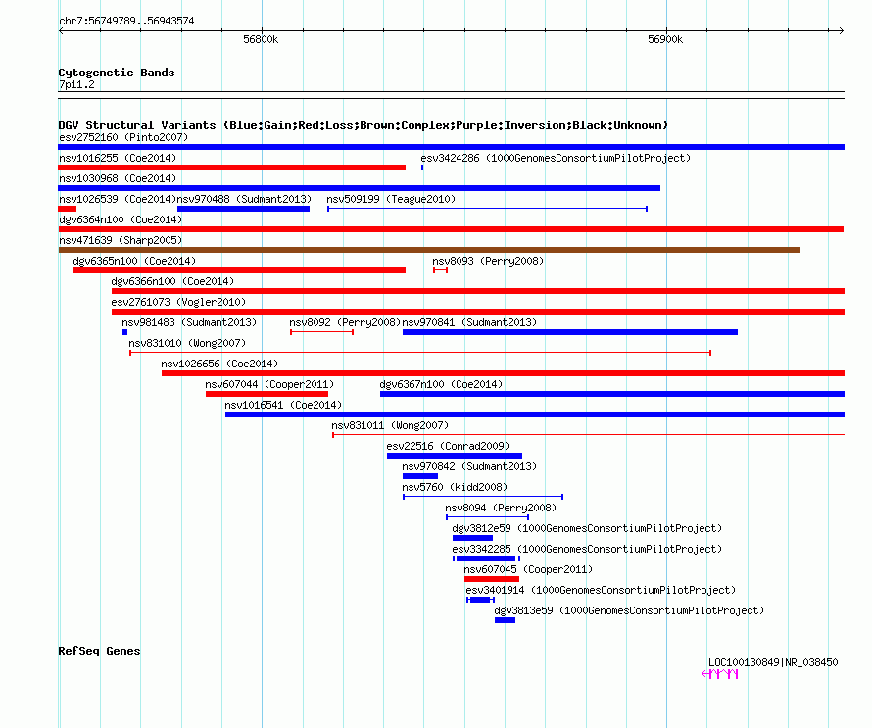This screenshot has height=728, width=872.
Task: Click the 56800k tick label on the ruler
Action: click(261, 39)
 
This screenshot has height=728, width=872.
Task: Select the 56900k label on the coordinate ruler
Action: click(665, 39)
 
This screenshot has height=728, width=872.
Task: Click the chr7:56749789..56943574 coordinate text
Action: click(126, 22)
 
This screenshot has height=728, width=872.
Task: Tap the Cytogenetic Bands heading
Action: click(117, 73)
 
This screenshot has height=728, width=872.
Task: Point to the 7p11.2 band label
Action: click(76, 84)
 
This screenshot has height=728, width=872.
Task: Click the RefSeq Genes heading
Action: click(99, 651)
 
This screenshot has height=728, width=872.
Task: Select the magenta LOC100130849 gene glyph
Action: click(719, 674)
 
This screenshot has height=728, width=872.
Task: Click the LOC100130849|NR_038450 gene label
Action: click(773, 662)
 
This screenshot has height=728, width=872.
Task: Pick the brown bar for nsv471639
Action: click(429, 250)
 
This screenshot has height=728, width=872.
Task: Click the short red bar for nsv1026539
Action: click(68, 209)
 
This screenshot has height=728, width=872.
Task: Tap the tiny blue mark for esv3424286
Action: click(422, 168)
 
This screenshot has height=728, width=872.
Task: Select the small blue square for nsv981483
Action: click(125, 332)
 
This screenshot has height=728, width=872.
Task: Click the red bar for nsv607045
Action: click(492, 579)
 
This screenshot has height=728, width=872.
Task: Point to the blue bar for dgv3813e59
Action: click(505, 620)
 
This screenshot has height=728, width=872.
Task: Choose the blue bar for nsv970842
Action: click(420, 476)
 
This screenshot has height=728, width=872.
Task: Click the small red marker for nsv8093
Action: click(441, 270)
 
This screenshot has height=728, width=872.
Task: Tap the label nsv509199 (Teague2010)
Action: click(391, 199)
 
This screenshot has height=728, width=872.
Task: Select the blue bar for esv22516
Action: click(455, 456)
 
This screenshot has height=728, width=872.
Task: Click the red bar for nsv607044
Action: click(266, 394)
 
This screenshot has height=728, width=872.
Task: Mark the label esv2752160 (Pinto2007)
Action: click(123, 137)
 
